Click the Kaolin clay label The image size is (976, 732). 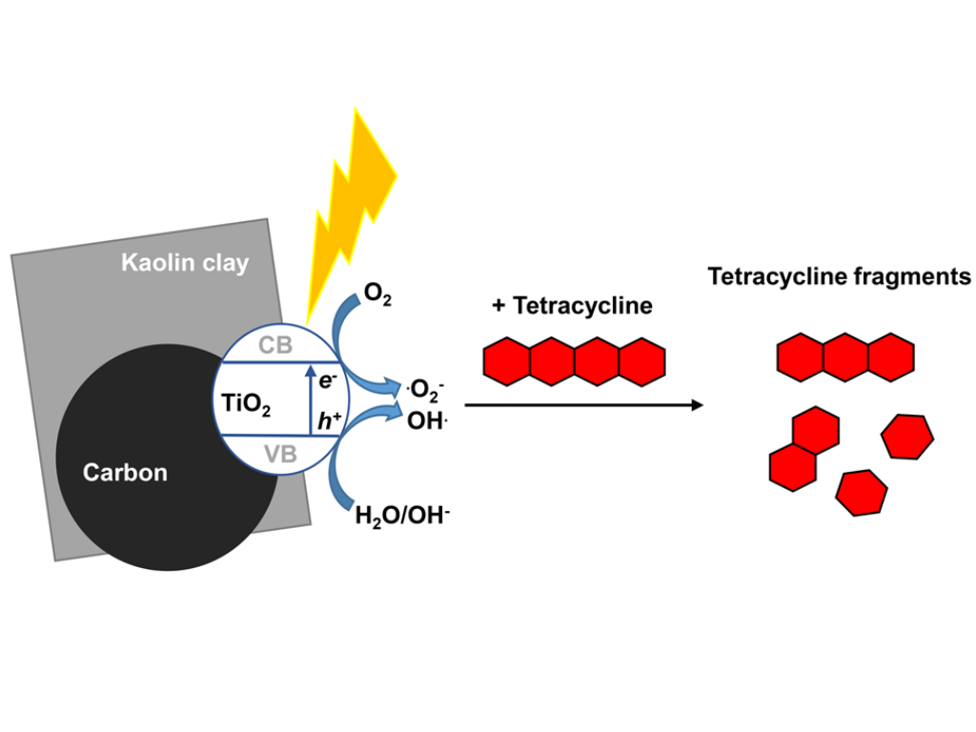pos(185,263)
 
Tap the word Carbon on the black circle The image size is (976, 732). pos(125,472)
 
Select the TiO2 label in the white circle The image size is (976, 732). pos(246,405)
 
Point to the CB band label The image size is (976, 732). pos(275,346)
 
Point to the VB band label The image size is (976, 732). pos(280,455)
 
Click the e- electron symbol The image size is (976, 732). pos(329,379)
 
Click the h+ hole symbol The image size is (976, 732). pos(330,417)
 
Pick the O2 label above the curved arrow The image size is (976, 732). pos(377,295)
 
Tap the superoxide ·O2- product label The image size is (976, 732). pos(425,390)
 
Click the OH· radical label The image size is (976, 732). pos(427,420)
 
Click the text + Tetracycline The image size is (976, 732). pos(572,306)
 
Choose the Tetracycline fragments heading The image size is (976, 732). pos(839,277)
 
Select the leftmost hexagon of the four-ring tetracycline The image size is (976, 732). pos(507,362)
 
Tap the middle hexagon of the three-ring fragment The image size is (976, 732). pos(845,356)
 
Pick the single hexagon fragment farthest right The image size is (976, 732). pos(907,437)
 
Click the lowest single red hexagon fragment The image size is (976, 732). pos(862,493)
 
